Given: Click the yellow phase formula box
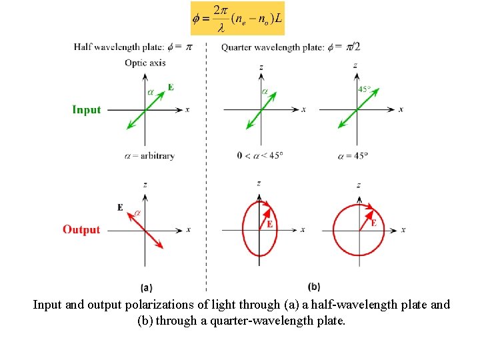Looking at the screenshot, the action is tap(237, 19).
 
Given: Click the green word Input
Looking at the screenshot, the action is tap(87, 110).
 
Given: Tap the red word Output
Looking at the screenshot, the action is tap(81, 230).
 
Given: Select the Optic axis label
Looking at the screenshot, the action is tap(145, 63).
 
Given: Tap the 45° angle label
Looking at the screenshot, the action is tap(365, 89).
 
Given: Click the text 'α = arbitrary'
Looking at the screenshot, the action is tap(149, 156).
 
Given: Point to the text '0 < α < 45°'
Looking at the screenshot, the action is tap(260, 156).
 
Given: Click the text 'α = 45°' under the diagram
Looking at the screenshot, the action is tap(353, 156).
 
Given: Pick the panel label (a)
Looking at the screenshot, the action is tap(147, 288).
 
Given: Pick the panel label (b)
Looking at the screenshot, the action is tap(315, 287).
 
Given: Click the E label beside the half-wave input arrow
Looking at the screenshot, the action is tap(171, 87).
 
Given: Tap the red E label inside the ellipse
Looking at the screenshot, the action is tap(269, 225).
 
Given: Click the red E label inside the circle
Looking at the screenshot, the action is tap(373, 223).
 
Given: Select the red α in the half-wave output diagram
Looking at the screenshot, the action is tap(137, 213).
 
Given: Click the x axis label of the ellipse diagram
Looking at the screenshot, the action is tap(303, 229).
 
